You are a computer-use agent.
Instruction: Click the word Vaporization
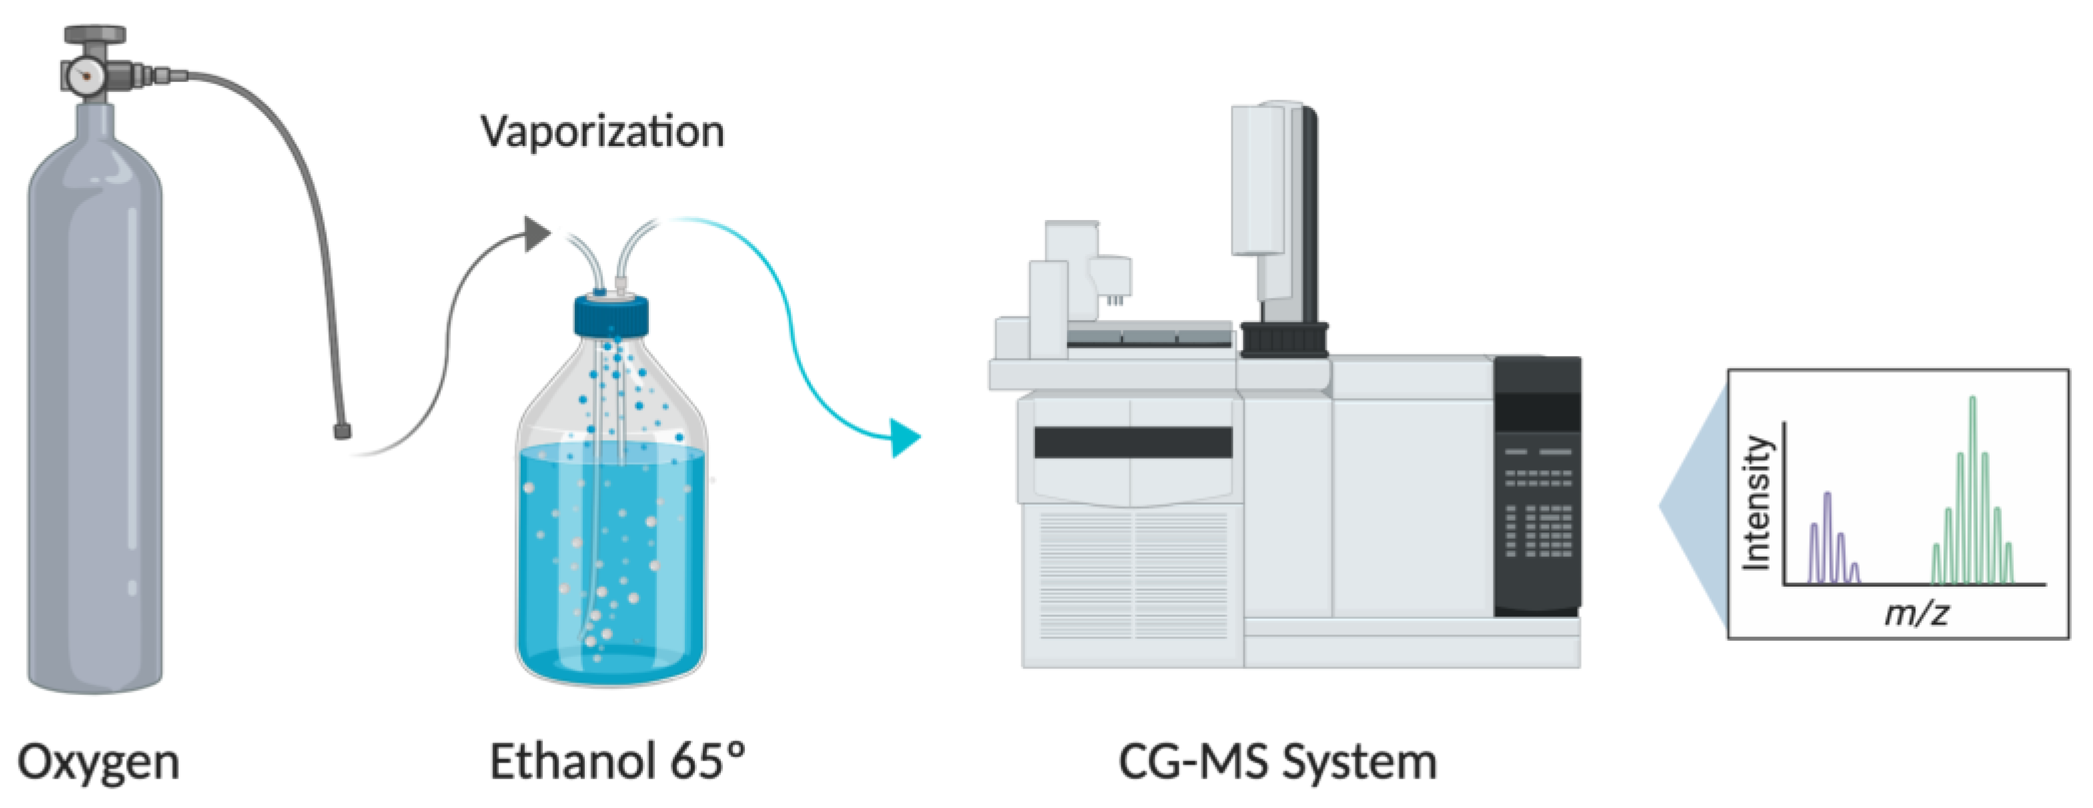[x=602, y=131]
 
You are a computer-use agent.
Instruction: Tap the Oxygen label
[x=98, y=763]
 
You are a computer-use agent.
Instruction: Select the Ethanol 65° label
[x=617, y=763]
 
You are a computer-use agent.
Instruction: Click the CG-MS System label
[x=1278, y=763]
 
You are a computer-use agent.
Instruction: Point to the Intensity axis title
[x=1758, y=503]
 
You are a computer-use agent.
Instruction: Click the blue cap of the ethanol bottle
[x=611, y=316]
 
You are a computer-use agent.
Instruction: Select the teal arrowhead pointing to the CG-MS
[x=904, y=438]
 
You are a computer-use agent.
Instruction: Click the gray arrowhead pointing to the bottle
[x=537, y=234]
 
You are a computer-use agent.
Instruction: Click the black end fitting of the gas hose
[x=342, y=431]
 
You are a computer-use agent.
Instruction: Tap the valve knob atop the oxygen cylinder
[x=95, y=34]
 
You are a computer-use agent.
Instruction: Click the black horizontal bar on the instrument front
[x=1133, y=443]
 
